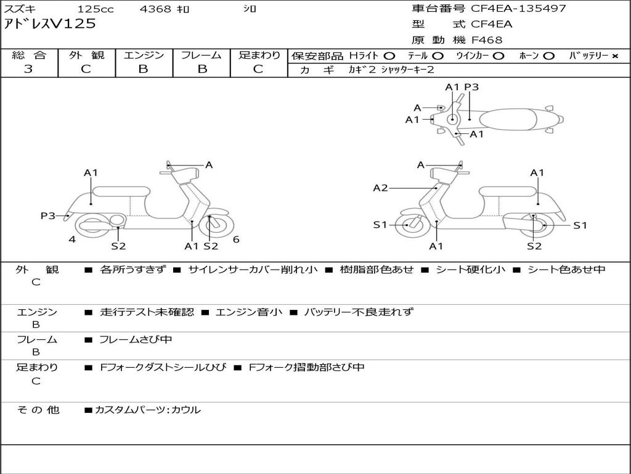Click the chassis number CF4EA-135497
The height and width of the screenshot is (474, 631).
(518, 9)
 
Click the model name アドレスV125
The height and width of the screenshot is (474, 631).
(50, 24)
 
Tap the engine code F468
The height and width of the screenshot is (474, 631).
(487, 40)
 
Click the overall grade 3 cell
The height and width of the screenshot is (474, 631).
(28, 69)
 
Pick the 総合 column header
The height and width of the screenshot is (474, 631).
(29, 56)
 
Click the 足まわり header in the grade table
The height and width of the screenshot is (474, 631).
(259, 56)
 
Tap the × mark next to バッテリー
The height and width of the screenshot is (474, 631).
(614, 56)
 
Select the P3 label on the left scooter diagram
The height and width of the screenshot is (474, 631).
(48, 215)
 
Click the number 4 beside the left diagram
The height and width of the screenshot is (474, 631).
(72, 239)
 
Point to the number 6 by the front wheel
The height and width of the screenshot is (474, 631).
(236, 239)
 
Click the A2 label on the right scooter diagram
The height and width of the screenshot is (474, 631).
(380, 188)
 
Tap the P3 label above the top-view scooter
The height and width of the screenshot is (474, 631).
(471, 87)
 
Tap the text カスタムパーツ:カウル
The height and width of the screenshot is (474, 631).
(147, 410)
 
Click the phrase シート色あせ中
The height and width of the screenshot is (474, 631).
(566, 270)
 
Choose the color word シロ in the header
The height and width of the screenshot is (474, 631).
(249, 9)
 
